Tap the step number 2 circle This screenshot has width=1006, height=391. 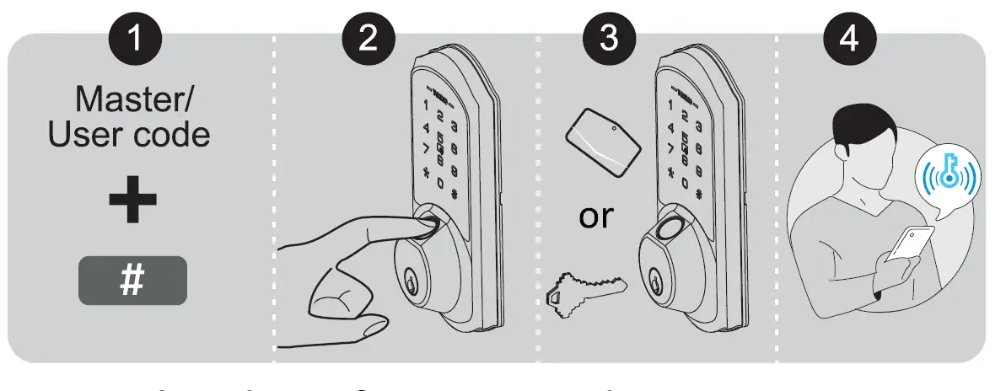coord(368,39)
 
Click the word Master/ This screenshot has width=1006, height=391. coord(133,99)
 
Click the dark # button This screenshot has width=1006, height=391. coord(132,281)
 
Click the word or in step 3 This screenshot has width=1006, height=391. coord(596,216)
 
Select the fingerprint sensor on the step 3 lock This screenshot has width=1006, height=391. coord(672,228)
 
